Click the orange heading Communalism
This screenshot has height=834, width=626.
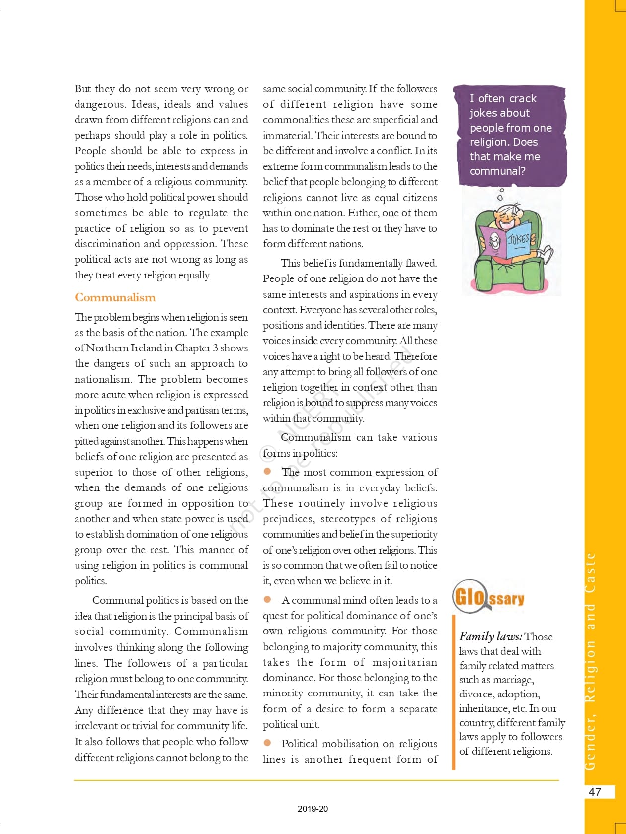coord(115,297)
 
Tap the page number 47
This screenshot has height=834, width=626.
coord(595,792)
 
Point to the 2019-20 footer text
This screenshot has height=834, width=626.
coord(313,809)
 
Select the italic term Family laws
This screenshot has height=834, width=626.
coord(490,636)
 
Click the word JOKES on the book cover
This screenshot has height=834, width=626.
coord(518,239)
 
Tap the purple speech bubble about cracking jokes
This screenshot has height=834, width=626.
coord(510,135)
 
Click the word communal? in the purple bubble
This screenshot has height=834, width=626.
coord(498,171)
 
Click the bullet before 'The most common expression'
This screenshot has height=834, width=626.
coord(267,471)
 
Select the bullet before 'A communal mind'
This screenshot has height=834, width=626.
coord(267,599)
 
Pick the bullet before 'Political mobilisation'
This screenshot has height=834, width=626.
coord(267,743)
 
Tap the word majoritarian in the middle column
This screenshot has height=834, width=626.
coord(405,662)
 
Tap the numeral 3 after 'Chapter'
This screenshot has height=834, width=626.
coord(215,348)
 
